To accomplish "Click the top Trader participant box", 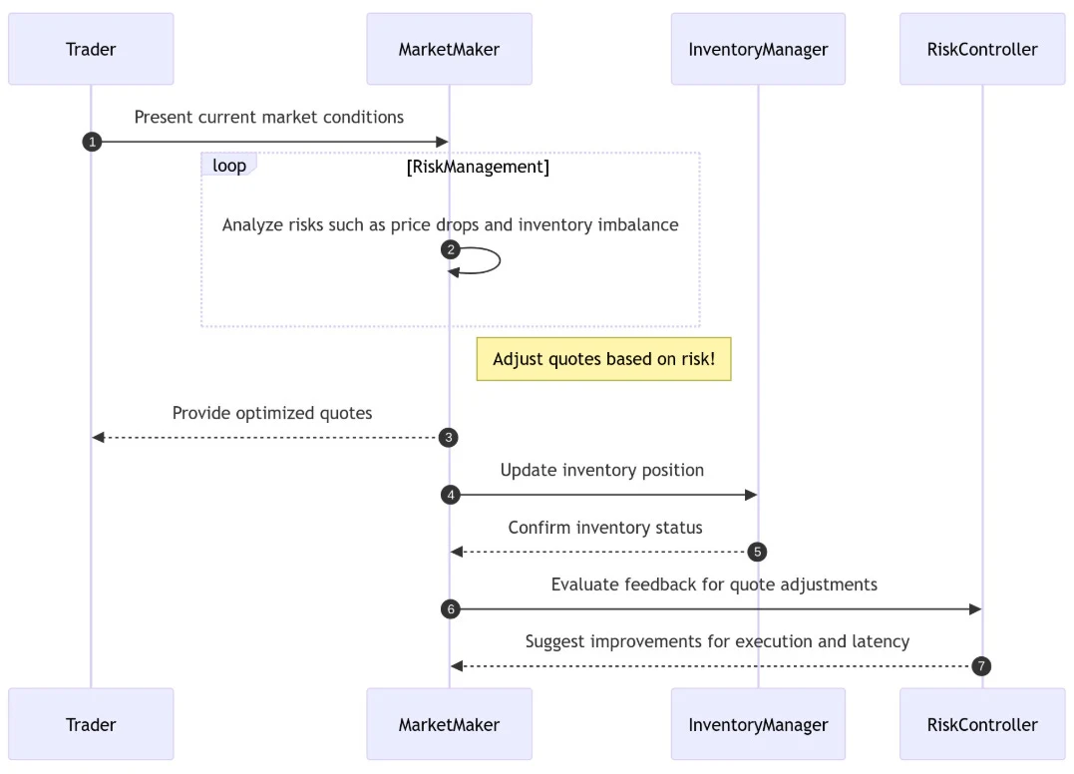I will click(x=91, y=49).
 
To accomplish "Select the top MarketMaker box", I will click(x=449, y=49).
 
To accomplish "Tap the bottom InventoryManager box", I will click(x=758, y=724).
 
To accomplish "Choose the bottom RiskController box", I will click(x=982, y=724).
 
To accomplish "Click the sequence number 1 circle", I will click(x=92, y=142).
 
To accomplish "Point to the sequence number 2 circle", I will click(x=450, y=249).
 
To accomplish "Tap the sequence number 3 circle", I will click(x=450, y=437).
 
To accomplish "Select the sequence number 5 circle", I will click(x=757, y=552).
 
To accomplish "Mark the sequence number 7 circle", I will click(x=981, y=665).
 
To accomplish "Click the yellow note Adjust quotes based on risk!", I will click(x=603, y=359).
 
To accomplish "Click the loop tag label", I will click(x=229, y=165).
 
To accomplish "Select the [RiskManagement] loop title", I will click(x=478, y=167).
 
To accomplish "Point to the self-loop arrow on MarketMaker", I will click(x=489, y=261).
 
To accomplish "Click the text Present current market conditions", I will click(x=269, y=117).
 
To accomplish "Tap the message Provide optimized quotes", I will click(x=272, y=413).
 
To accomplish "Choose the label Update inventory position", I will click(x=602, y=470).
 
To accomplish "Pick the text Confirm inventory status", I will click(x=605, y=528).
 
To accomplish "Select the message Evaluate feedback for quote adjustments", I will click(x=714, y=584).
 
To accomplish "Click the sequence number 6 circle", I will click(x=450, y=608).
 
